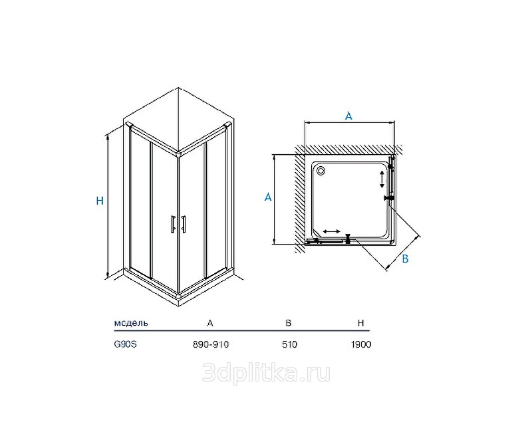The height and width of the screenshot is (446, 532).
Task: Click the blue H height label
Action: coord(100,201)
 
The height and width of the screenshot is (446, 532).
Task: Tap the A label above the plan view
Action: coord(348,116)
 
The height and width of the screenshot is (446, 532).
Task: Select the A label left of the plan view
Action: coord(268,197)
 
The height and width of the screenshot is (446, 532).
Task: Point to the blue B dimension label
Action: coord(405,259)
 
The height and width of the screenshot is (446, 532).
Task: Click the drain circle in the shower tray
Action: coord(320,171)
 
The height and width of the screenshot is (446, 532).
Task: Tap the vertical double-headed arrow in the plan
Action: coord(382,179)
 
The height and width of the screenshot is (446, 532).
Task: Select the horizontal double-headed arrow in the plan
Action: coord(331,231)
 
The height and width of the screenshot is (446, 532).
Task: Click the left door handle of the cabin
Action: coord(173,224)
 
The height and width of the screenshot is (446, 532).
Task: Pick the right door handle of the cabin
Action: coord(184,224)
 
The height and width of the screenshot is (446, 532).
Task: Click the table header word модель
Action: coord(131,322)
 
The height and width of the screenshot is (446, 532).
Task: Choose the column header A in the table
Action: coord(210,323)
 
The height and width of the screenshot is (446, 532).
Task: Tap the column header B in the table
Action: coord(289,322)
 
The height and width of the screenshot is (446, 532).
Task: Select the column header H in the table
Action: coord(360,323)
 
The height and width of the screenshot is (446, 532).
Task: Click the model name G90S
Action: coord(125,344)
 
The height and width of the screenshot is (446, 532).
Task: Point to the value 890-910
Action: coord(211,344)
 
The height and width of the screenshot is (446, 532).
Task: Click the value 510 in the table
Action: coord(289,344)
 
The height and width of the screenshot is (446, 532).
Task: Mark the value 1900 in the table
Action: coord(361,344)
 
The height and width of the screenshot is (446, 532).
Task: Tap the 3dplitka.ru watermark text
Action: coord(266,373)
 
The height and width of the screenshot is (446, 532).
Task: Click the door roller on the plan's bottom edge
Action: coord(348,239)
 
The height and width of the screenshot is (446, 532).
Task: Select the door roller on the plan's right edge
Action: coord(389,197)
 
